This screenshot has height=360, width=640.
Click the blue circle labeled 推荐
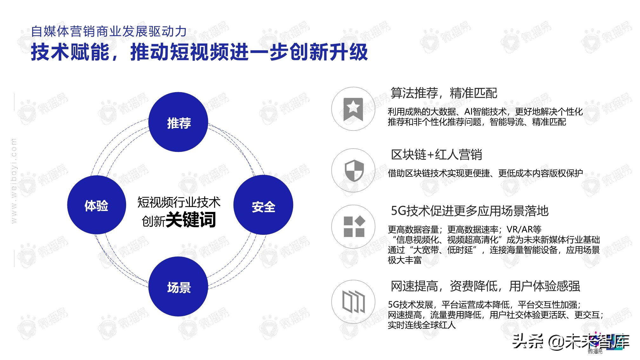pos(178,122)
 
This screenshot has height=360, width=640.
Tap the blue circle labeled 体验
pos(97,205)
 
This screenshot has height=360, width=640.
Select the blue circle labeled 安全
pos(263,205)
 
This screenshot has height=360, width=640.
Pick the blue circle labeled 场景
pos(178,287)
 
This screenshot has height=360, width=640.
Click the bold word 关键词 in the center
pos(191,220)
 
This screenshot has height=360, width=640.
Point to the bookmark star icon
pos(353,109)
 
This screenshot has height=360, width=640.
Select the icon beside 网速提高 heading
pos(353,302)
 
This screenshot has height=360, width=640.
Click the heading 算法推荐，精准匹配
pos(443,93)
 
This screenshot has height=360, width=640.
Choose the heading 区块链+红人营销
pos(436,155)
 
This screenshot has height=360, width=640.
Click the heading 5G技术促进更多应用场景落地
pos(469,211)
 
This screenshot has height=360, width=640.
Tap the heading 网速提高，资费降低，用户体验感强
pos(485,286)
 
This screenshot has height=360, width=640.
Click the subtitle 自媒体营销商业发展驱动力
pos(109,31)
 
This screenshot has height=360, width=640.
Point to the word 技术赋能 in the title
pos(70,52)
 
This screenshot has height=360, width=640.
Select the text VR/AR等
pos(524,229)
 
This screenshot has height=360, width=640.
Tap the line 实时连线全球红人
pos(421,325)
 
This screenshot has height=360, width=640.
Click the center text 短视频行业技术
pos(179,202)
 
